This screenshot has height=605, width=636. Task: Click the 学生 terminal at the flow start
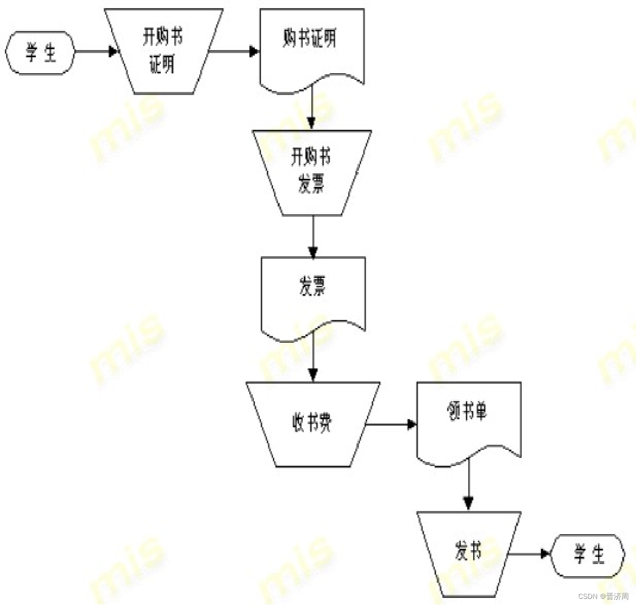pyautogui.click(x=40, y=53)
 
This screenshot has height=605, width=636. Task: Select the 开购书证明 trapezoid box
pyautogui.click(x=163, y=51)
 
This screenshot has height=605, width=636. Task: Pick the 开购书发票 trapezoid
pyautogui.click(x=312, y=172)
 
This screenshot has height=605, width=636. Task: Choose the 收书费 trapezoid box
pyautogui.click(x=312, y=424)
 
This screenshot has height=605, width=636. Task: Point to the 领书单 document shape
pyautogui.click(x=469, y=420)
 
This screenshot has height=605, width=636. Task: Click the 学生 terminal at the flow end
pyautogui.click(x=588, y=555)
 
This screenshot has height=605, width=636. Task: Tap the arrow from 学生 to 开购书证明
pyautogui.click(x=96, y=51)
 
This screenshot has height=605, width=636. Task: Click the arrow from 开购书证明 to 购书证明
pyautogui.click(x=234, y=51)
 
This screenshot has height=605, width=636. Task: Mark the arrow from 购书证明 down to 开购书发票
pyautogui.click(x=312, y=109)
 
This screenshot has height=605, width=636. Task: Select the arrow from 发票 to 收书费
pyautogui.click(x=313, y=356)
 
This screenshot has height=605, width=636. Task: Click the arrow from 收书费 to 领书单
pyautogui.click(x=391, y=424)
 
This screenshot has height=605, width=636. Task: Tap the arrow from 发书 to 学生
pyautogui.click(x=529, y=554)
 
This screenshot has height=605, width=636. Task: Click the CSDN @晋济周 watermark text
pyautogui.click(x=603, y=596)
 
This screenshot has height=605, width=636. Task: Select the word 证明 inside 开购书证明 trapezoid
pyautogui.click(x=162, y=65)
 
